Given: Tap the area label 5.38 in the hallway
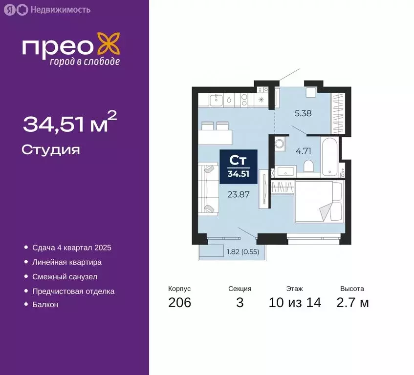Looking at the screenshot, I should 303,113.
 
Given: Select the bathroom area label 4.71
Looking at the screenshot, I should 303,150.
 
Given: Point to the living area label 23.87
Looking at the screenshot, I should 239,193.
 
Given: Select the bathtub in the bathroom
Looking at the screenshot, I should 330,155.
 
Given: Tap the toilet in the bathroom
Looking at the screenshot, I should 308,167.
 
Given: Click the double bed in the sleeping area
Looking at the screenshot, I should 319,201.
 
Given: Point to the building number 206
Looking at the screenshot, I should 179,303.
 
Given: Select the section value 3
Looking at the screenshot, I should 240,303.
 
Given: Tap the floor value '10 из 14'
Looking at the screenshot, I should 295,303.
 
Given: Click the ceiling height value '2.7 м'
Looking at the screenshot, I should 352,303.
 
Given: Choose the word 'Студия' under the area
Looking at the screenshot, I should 51,149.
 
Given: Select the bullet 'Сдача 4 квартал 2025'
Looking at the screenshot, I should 72,248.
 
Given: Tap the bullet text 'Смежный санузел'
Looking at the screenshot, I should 65,276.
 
